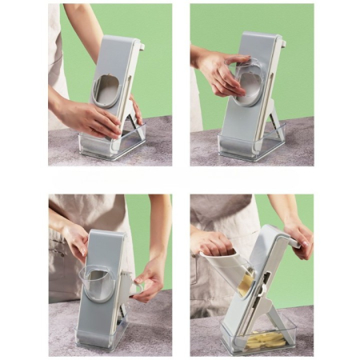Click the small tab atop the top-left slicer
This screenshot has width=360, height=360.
[x=141, y=46]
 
